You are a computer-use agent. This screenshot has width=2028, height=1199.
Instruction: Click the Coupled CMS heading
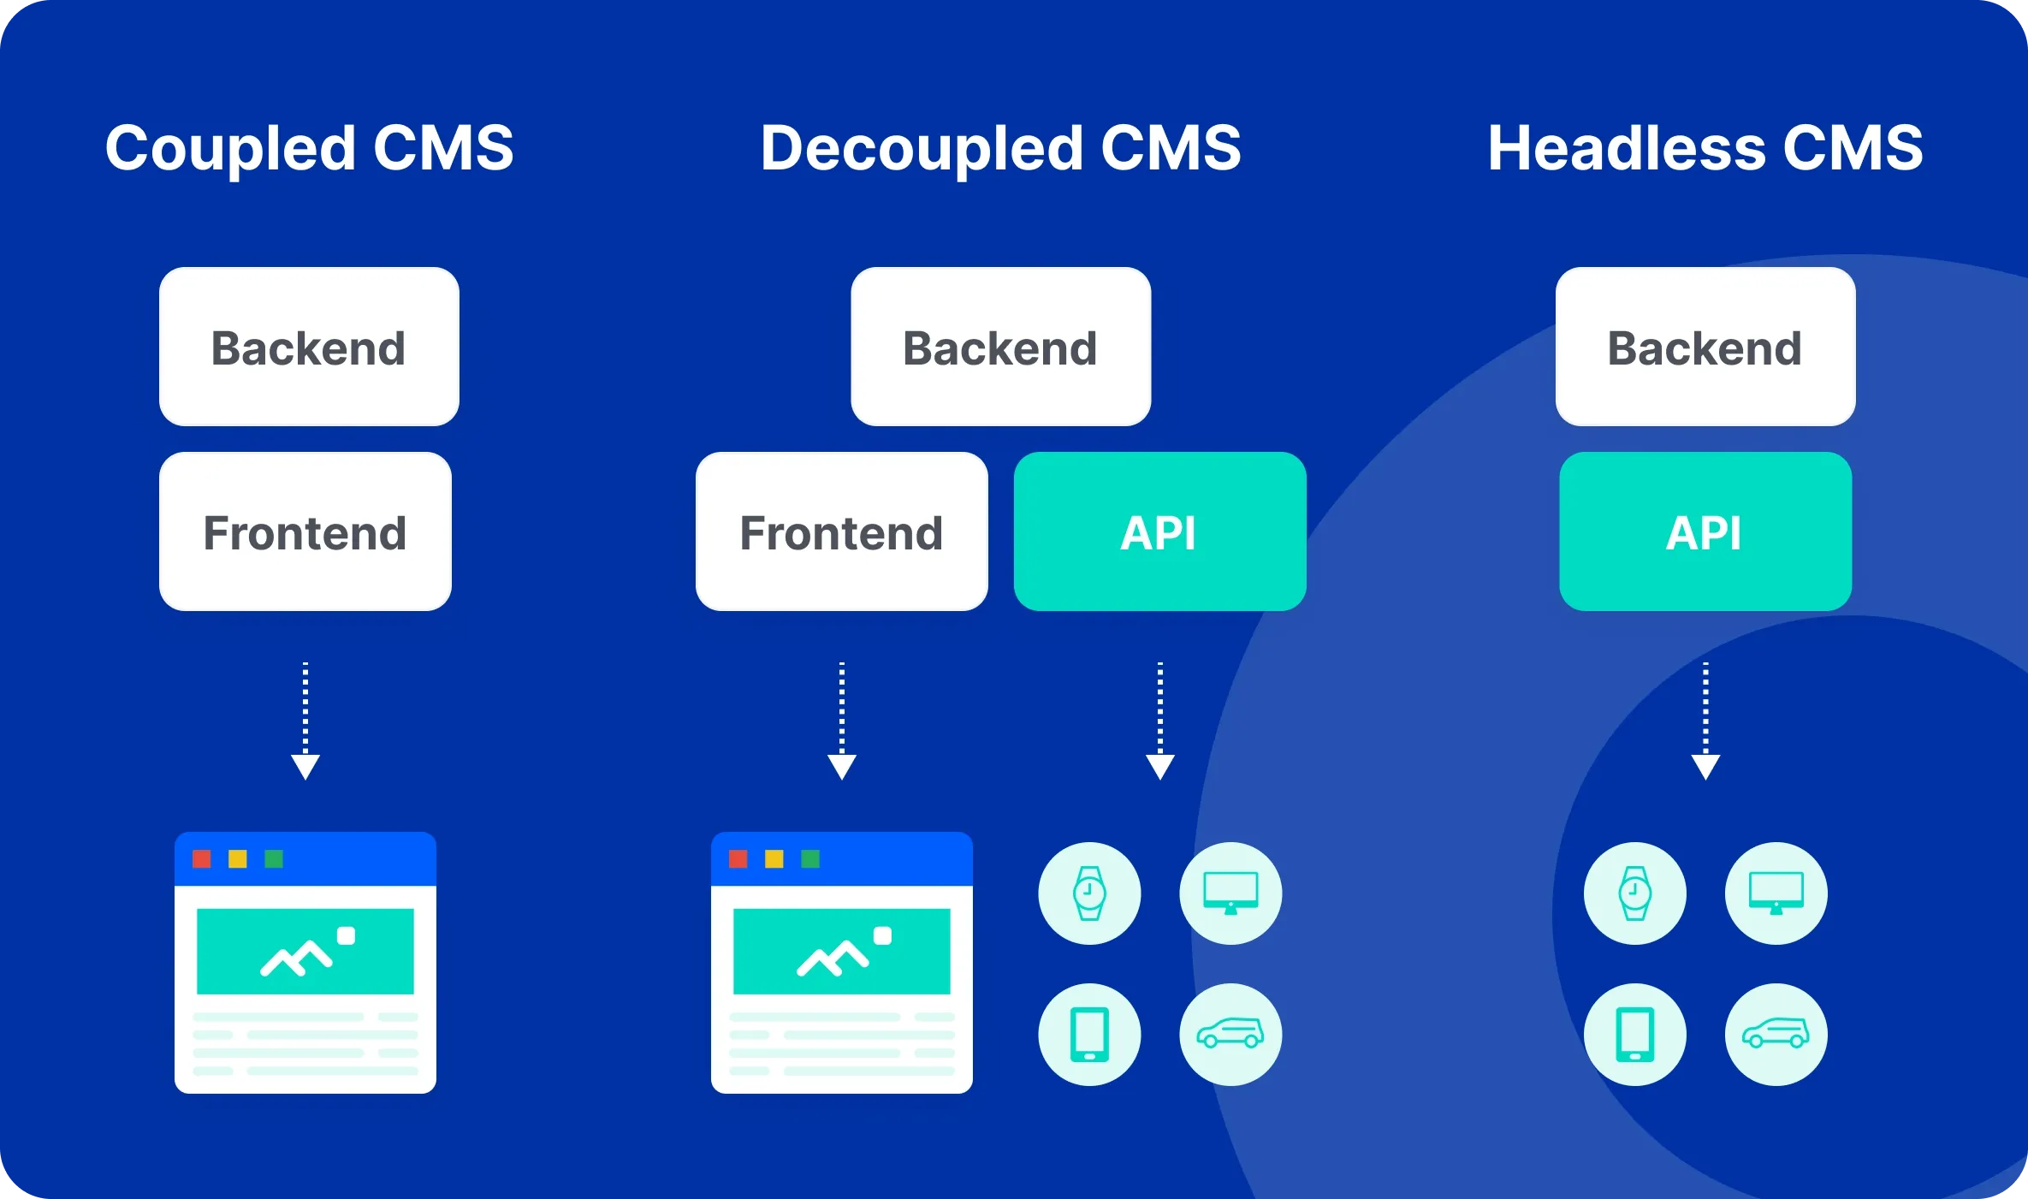coord(309,148)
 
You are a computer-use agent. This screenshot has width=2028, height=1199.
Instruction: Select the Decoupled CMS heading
coord(1000,148)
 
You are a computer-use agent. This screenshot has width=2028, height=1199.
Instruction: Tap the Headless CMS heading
coord(1705,148)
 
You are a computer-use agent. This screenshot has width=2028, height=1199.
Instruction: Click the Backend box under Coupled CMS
coord(309,347)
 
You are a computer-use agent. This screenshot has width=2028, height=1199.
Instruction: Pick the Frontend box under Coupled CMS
coord(305,531)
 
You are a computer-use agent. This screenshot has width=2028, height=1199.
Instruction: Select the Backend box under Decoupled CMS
coord(1000,347)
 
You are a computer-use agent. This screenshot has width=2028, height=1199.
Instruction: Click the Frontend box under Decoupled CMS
coord(841,531)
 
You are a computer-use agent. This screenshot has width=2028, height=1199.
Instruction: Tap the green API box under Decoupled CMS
coord(1159,531)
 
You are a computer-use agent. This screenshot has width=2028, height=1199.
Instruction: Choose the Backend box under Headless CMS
coord(1705,347)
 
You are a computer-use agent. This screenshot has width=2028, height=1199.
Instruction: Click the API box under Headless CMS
coord(1705,531)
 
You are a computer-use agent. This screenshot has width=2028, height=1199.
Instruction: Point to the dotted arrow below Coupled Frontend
coord(305,721)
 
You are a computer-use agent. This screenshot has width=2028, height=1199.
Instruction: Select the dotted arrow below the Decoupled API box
coord(1159,721)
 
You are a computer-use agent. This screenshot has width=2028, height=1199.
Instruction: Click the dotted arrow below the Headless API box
coord(1705,721)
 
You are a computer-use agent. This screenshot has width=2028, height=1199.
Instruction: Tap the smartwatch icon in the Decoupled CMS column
coord(1089,893)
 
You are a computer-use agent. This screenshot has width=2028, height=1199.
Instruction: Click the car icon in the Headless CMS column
coord(1776,1034)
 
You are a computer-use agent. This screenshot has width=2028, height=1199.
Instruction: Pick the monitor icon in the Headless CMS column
coord(1776,893)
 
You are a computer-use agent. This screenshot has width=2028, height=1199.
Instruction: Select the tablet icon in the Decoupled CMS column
coord(1089,1034)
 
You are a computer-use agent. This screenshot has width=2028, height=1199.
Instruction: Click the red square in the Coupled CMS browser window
coord(202,858)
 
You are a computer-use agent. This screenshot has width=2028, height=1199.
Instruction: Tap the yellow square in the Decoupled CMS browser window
coord(774,858)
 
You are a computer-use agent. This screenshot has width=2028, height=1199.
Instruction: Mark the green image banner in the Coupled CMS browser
coord(305,951)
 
